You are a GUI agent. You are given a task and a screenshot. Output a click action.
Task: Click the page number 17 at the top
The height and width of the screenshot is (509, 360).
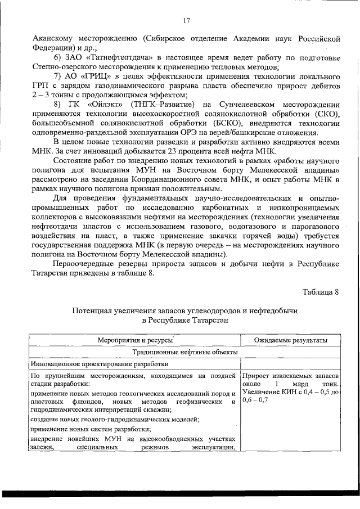(x=186, y=21)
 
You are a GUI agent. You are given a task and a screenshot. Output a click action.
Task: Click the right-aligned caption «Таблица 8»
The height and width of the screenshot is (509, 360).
(x=321, y=292)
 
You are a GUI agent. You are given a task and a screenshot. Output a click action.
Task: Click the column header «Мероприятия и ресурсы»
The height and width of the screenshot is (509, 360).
(x=134, y=340)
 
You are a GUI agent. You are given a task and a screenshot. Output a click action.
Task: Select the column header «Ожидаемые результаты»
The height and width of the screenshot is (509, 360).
(x=290, y=340)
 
